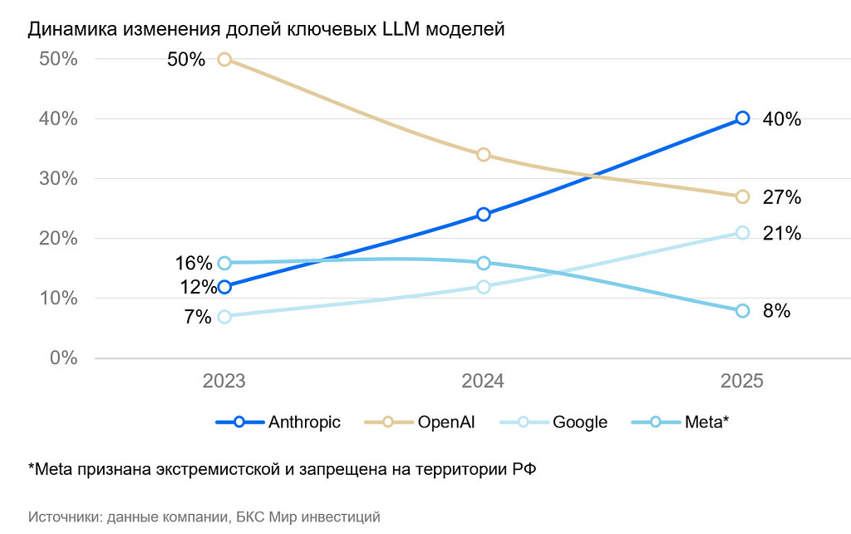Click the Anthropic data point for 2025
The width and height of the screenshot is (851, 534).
(742, 118)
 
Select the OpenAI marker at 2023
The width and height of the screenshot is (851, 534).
(224, 59)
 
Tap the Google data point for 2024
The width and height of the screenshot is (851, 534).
(484, 287)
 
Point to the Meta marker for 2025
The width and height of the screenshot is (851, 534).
(742, 311)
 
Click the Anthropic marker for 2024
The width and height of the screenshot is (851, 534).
(484, 215)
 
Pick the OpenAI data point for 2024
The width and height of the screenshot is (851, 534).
(484, 155)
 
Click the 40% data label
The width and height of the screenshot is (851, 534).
(781, 119)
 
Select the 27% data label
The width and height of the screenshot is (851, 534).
(781, 197)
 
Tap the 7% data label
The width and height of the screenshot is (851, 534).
(198, 317)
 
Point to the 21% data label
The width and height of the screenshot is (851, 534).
(781, 234)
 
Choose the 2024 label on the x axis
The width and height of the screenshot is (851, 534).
(483, 382)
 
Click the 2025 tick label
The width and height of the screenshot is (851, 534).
(741, 382)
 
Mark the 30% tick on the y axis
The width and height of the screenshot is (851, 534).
(58, 179)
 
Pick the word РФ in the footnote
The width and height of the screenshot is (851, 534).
(524, 470)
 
